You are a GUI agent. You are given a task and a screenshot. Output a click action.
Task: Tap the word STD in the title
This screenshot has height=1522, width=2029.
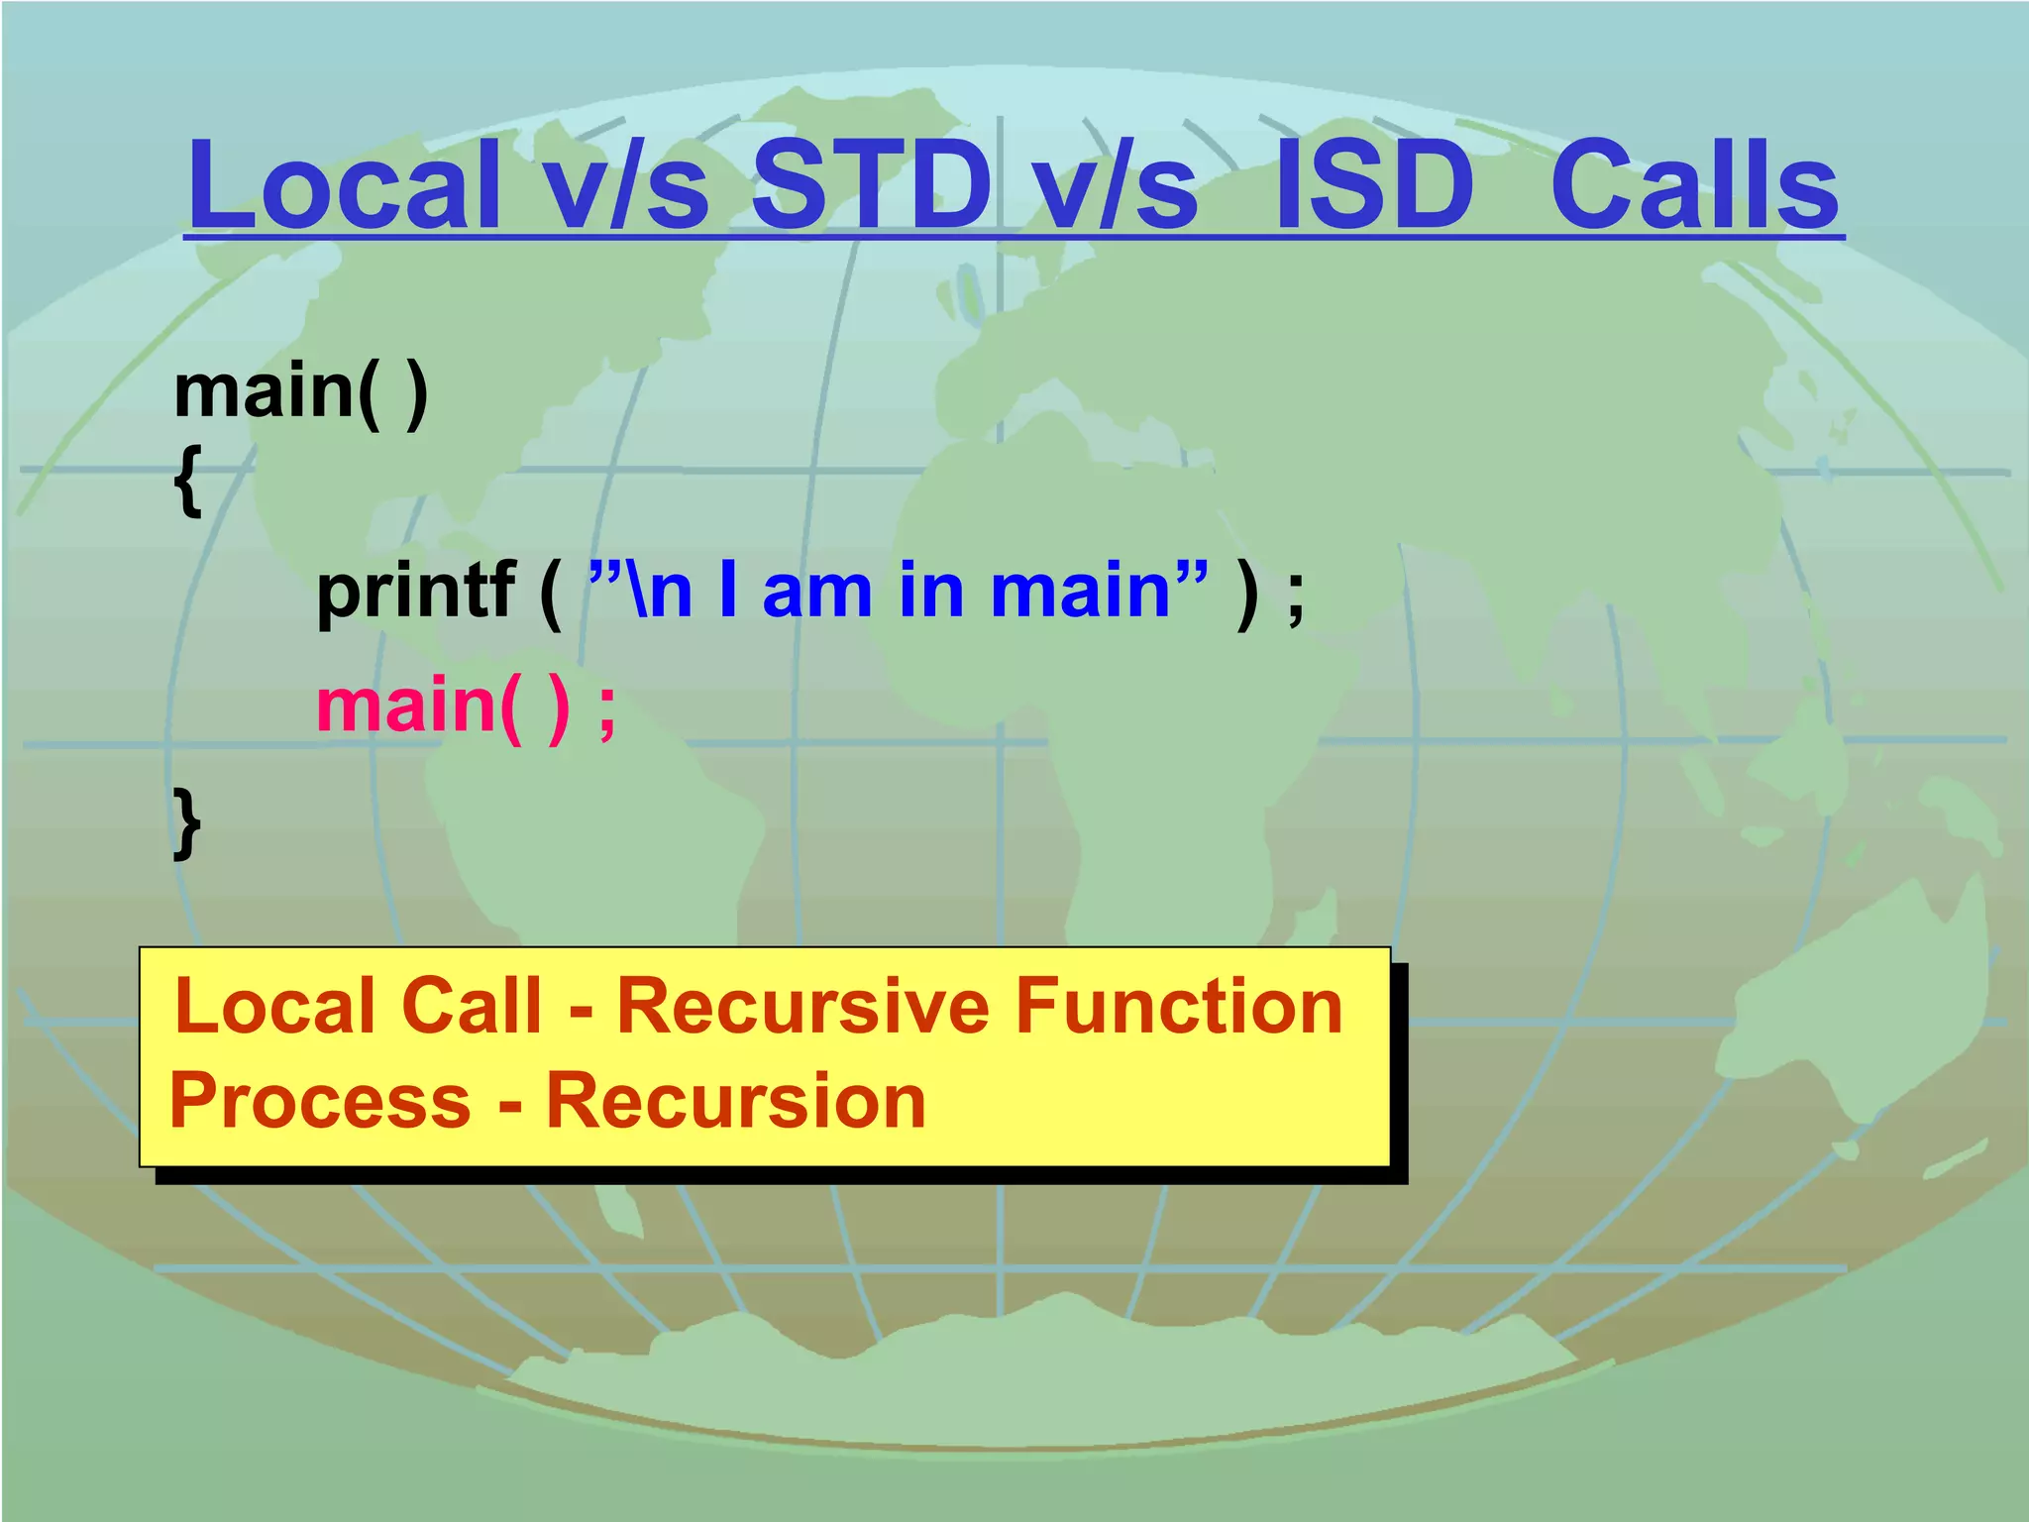870,185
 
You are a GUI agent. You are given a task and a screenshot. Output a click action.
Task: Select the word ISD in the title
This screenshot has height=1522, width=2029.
1375,185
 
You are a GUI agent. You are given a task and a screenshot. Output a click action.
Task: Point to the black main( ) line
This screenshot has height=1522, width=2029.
300,392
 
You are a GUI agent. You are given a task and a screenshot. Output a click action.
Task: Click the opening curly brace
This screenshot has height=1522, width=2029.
187,482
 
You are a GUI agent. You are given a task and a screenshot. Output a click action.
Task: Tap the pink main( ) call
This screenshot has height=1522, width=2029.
444,706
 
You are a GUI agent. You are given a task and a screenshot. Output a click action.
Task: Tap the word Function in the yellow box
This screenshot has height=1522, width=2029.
1179,1007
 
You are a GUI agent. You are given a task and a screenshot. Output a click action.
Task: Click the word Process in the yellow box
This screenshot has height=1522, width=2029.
320,1102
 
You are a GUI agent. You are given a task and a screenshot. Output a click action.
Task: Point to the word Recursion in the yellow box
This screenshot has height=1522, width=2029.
736,1102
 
